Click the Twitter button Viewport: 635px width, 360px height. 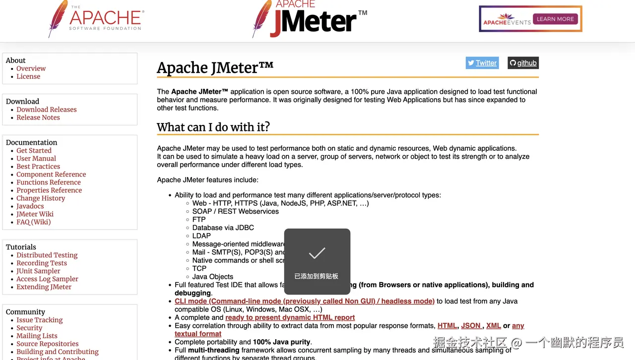(x=482, y=63)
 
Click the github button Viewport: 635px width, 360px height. (x=523, y=63)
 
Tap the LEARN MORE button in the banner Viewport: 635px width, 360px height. (x=555, y=19)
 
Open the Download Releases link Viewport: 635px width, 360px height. (x=47, y=110)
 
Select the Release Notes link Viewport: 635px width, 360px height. (x=38, y=118)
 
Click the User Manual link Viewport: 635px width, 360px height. (x=36, y=159)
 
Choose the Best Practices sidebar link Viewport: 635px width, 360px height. (x=38, y=167)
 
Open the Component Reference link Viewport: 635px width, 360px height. (x=51, y=175)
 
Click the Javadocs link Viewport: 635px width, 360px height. (x=30, y=206)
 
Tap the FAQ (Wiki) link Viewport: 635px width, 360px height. (x=34, y=222)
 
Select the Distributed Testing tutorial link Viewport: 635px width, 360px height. (x=47, y=255)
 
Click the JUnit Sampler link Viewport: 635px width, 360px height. (x=38, y=271)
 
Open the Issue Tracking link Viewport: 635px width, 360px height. (x=40, y=320)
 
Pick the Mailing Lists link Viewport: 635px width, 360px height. (x=37, y=336)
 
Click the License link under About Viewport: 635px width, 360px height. (x=28, y=76)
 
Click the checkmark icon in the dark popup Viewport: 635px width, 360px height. (x=317, y=253)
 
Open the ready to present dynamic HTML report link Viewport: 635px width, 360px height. (x=290, y=317)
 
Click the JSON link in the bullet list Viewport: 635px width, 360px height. (x=471, y=326)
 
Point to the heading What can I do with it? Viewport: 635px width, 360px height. (x=213, y=127)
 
